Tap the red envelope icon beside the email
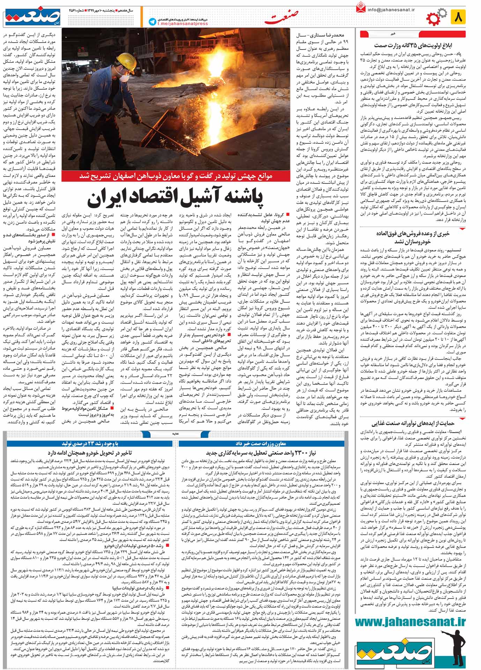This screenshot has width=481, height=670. [x=360, y=8]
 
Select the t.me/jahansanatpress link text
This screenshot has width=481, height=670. [x=182, y=24]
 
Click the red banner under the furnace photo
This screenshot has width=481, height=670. [x=176, y=176]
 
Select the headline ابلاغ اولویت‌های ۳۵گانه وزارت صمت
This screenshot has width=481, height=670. [x=413, y=45]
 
